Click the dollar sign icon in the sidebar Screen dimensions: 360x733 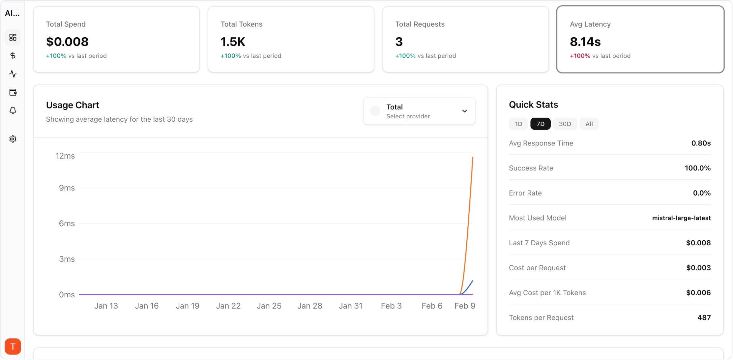[x=13, y=56]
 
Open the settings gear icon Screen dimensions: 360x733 [x=13, y=139]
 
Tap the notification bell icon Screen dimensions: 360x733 [x=13, y=110]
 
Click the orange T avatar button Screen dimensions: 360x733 [x=13, y=346]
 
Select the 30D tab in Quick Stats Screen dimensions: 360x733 [x=565, y=124]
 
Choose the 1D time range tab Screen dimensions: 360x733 [x=518, y=124]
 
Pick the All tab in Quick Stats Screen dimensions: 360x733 [x=589, y=124]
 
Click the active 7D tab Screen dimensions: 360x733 [x=540, y=124]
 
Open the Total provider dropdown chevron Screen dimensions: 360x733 [x=464, y=111]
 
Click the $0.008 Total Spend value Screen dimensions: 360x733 [x=67, y=42]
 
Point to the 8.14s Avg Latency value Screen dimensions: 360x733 [x=585, y=42]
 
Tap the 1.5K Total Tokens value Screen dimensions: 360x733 [x=233, y=42]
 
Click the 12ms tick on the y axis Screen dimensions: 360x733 [x=65, y=156]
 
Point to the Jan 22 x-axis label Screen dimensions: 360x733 [x=228, y=306]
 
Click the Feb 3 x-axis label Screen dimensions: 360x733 [x=391, y=306]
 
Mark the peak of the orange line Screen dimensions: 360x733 [x=473, y=158]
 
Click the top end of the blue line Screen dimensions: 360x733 [x=473, y=281]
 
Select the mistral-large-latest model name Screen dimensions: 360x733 [x=681, y=218]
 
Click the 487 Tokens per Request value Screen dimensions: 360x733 [x=704, y=317]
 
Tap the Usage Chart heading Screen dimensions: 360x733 [x=73, y=105]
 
